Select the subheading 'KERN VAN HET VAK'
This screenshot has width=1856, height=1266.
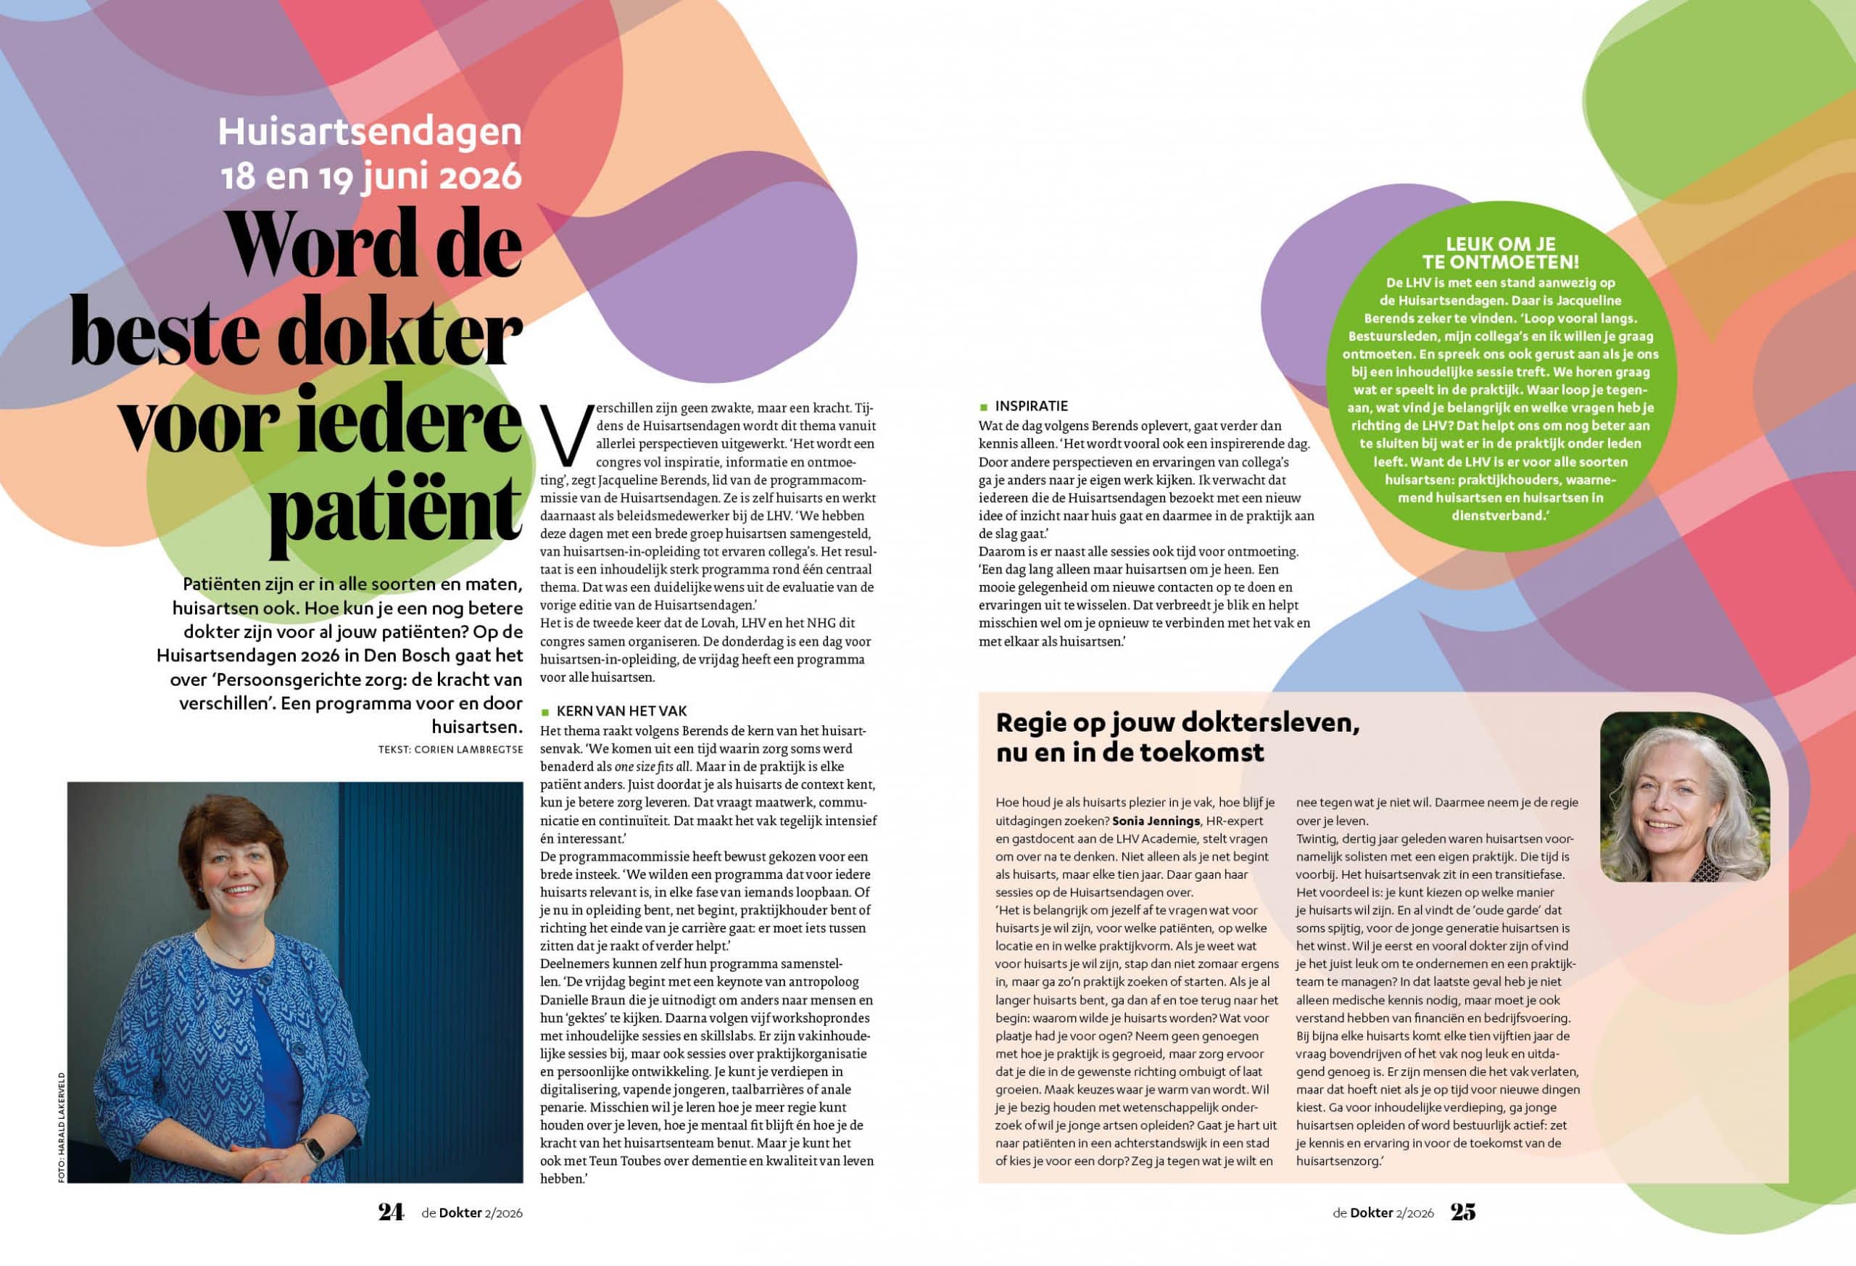621,711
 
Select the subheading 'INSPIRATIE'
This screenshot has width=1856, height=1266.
1031,407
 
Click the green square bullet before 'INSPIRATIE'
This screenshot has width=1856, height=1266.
984,407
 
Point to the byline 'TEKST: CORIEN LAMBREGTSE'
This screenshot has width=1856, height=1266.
450,749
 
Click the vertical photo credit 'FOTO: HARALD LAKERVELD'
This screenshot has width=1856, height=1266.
62,1127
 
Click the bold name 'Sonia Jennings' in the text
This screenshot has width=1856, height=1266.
1156,821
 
